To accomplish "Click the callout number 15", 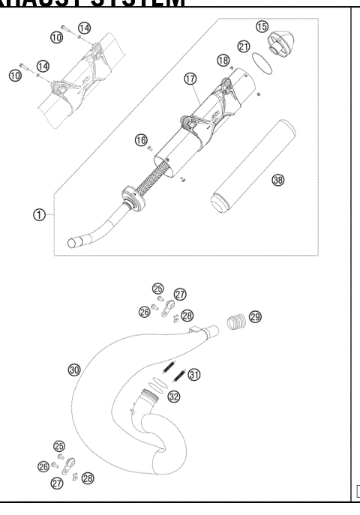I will tap(262, 26).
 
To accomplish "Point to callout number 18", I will tap(222, 59).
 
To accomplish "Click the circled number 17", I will tap(190, 76).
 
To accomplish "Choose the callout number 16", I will tap(140, 139).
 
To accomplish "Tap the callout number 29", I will tap(255, 318).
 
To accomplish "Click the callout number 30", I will tap(73, 370).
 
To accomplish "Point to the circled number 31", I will tap(194, 375).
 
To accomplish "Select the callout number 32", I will tap(174, 397).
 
